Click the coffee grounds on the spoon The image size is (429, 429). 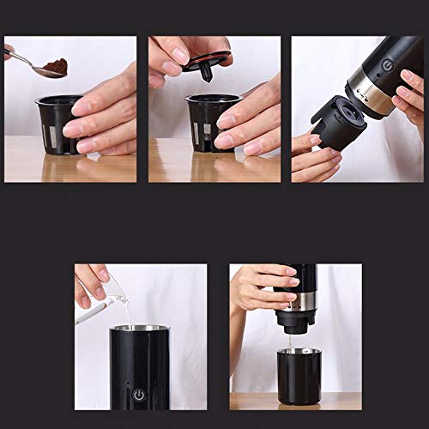[57, 66]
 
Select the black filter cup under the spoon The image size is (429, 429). [54, 125]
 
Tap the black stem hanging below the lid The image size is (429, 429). [206, 74]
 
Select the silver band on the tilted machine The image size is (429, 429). [370, 96]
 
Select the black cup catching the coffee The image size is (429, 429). [299, 374]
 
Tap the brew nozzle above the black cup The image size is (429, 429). [293, 319]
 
